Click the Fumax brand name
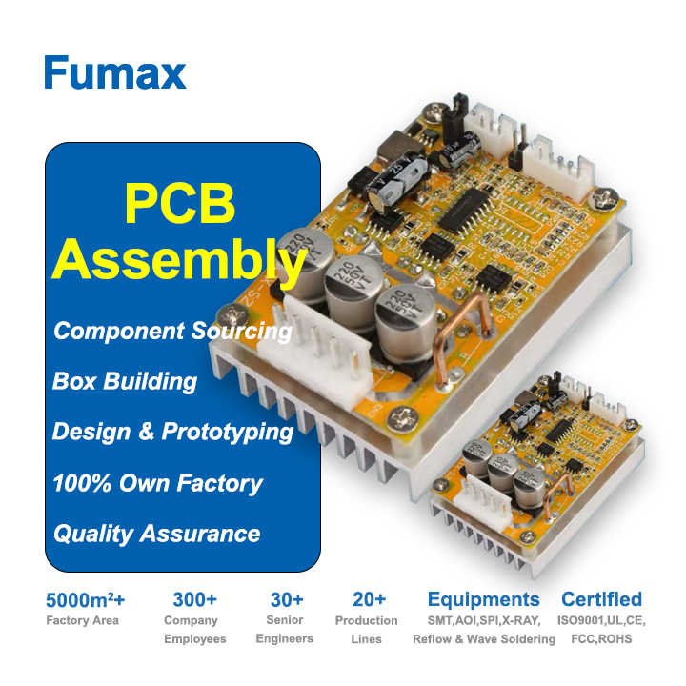[114, 71]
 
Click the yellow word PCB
[180, 203]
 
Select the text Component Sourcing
[172, 331]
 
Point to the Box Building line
[125, 381]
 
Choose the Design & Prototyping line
[172, 432]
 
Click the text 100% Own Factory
[157, 482]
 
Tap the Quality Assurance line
[156, 533]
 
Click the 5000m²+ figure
[85, 600]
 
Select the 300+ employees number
[195, 600]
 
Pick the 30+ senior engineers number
[286, 600]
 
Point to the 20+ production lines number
[368, 600]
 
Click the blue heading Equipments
[483, 600]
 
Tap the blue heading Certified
[601, 600]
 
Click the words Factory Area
[83, 621]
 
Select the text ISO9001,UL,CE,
[601, 621]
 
